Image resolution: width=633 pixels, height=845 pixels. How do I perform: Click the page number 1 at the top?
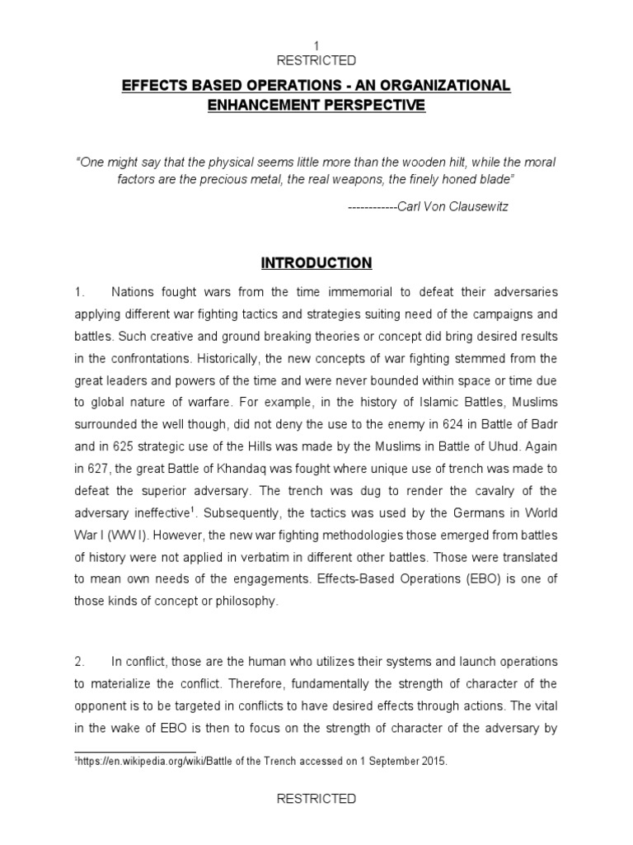click(316, 45)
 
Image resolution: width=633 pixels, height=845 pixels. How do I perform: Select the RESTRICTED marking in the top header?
click(316, 60)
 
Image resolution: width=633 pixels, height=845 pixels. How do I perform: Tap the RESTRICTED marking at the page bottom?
click(316, 798)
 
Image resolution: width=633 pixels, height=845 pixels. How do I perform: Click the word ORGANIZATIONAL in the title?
click(441, 87)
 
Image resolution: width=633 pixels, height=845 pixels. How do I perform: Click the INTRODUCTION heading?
click(316, 263)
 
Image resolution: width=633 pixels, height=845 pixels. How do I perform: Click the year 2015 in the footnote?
click(433, 762)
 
